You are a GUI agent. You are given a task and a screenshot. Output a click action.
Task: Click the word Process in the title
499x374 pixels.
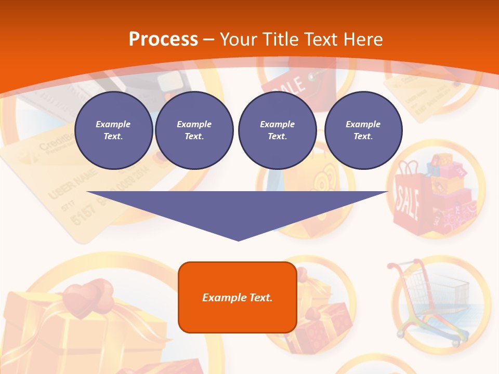click(x=163, y=39)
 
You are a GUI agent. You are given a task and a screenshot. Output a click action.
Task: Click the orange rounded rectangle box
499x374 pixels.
click(x=237, y=317)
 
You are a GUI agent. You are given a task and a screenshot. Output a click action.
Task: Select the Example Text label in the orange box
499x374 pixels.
click(x=237, y=298)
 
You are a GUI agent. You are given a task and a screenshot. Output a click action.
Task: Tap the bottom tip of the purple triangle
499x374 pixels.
click(x=238, y=239)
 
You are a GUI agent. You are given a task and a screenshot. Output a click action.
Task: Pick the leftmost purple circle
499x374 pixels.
click(x=113, y=130)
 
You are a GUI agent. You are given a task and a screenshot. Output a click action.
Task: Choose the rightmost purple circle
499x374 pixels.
click(x=363, y=130)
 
